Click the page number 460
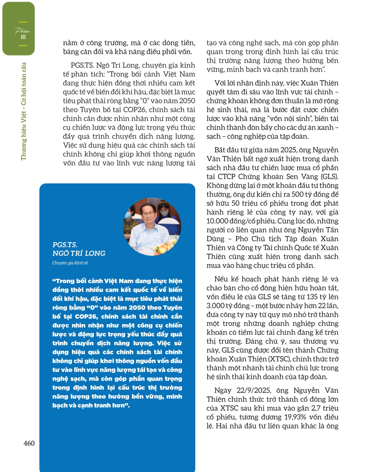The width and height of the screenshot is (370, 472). (29, 443)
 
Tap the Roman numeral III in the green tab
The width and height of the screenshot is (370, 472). (23, 37)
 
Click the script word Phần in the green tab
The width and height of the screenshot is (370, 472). (23, 31)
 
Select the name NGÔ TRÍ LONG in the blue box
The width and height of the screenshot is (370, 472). (79, 253)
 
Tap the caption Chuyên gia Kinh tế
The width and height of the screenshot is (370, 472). (70, 263)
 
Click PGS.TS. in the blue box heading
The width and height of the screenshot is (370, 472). (65, 245)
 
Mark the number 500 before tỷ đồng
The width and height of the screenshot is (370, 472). (291, 194)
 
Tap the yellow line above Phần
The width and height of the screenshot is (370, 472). (23, 22)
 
